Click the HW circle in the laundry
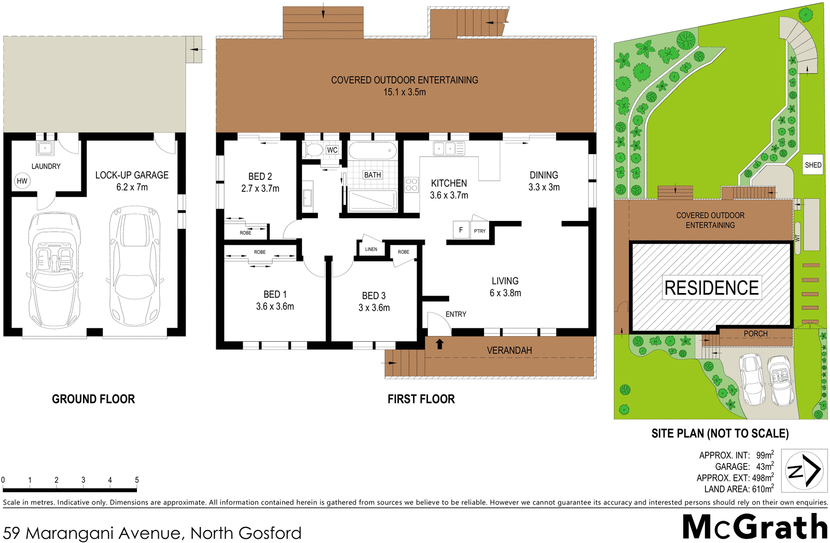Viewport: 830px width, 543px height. click(x=22, y=181)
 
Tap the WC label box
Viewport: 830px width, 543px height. click(x=332, y=150)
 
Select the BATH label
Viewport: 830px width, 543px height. click(x=372, y=175)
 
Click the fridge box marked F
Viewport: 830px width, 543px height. click(x=461, y=230)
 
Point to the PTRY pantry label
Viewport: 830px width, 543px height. click(x=480, y=231)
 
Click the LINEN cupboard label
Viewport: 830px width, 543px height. click(x=371, y=249)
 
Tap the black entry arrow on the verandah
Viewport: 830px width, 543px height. click(x=440, y=344)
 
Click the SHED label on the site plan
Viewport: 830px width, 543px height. click(x=813, y=165)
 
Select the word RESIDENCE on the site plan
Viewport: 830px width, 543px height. click(x=711, y=288)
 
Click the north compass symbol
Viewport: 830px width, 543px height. click(x=804, y=470)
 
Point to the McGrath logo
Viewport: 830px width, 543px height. click(x=755, y=527)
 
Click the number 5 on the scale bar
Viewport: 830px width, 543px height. click(x=137, y=480)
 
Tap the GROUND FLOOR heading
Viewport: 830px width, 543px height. click(x=93, y=399)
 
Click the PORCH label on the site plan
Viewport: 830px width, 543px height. click(x=755, y=334)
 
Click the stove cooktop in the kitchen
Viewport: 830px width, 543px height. click(x=411, y=185)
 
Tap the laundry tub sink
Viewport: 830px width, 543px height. click(x=45, y=148)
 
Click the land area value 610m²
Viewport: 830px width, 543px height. click(x=763, y=489)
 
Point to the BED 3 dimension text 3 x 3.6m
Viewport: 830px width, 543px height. click(x=374, y=308)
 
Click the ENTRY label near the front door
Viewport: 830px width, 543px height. click(x=455, y=314)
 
